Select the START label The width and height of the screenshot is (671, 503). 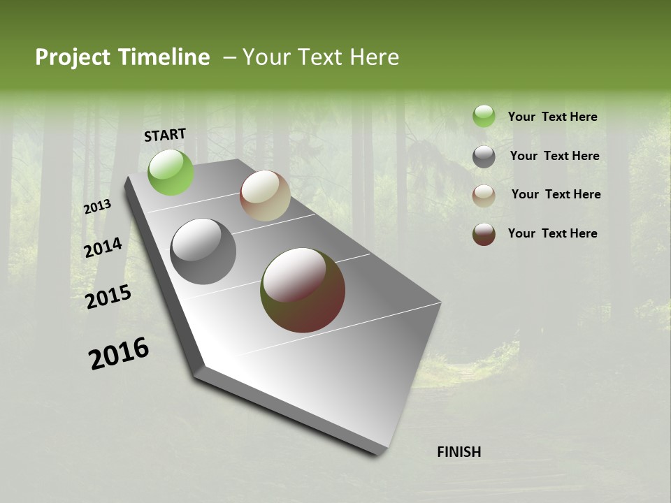165,135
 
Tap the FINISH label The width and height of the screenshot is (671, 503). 459,452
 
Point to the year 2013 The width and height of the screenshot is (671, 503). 97,207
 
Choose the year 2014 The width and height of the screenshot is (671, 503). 103,247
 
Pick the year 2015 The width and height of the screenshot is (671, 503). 108,297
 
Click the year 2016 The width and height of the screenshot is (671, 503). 119,353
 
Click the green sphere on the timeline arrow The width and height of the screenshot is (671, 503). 171,172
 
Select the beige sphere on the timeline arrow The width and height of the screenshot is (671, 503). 265,196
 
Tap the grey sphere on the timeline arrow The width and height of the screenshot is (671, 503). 203,251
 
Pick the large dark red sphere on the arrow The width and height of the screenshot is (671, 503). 303,290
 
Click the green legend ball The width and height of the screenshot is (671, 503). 484,117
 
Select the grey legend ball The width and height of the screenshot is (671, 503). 484,156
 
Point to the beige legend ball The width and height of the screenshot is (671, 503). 484,196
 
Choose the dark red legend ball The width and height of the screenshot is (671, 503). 484,234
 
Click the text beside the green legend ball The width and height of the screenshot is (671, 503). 552,117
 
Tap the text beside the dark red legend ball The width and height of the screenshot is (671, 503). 552,233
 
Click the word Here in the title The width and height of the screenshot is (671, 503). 374,57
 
